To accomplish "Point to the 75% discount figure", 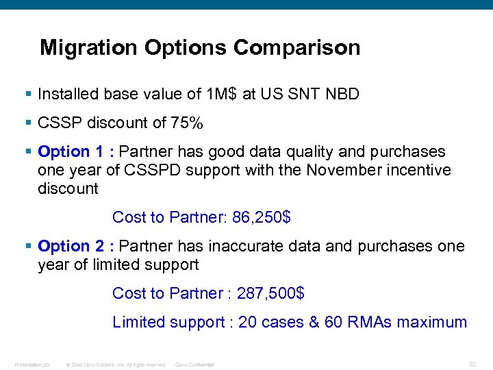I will [187, 123].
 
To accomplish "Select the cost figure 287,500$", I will [270, 293].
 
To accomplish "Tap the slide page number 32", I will [472, 364].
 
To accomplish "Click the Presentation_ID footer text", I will [31, 365].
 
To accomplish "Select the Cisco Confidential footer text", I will [195, 365].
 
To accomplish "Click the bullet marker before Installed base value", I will [28, 94].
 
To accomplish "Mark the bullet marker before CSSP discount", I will [28, 123].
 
